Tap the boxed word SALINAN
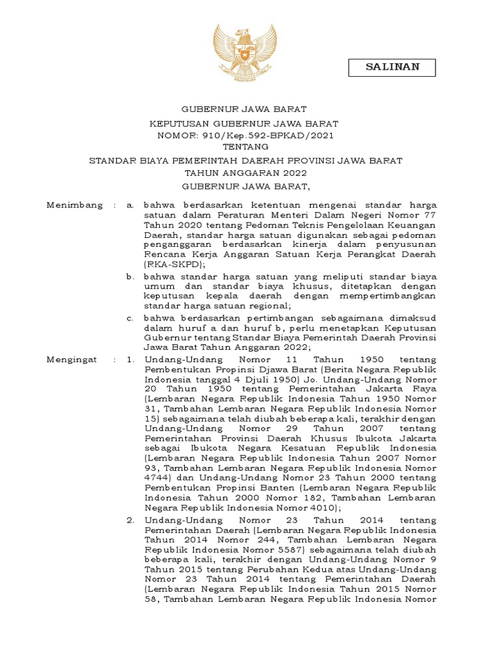[392, 67]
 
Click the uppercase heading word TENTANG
[245, 148]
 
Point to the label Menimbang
[75, 205]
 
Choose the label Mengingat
[72, 359]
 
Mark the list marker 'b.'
[129, 276]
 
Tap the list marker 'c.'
[130, 317]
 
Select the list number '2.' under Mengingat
[130, 521]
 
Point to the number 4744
[157, 477]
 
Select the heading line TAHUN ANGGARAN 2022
[245, 173]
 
